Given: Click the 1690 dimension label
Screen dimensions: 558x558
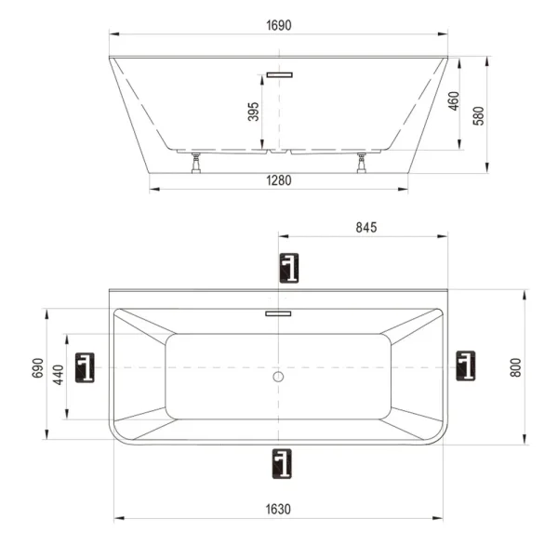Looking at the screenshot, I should (279, 26).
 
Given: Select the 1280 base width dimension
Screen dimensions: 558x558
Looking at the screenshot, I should (279, 181).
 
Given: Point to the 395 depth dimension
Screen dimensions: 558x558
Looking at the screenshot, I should (254, 113).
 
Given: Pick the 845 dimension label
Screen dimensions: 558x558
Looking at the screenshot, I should (365, 227).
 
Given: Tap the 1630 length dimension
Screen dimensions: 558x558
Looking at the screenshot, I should (279, 509).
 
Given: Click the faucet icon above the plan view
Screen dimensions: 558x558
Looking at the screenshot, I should (290, 267).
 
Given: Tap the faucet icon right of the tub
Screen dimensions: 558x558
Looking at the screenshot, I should (466, 365).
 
